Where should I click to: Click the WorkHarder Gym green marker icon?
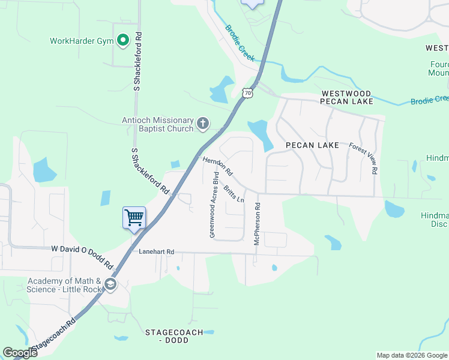click(x=123, y=41)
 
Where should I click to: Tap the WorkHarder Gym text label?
click(x=82, y=41)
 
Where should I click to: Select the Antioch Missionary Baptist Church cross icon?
click(x=203, y=124)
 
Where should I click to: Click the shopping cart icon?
click(x=134, y=217)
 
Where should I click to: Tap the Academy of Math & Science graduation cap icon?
click(x=110, y=284)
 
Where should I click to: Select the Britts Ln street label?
click(x=234, y=194)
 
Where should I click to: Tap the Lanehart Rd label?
click(x=155, y=252)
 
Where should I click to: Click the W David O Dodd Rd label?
click(x=82, y=256)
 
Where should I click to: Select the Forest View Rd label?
click(x=364, y=158)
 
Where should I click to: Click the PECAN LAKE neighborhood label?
click(x=312, y=145)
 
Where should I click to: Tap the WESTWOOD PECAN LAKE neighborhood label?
click(x=347, y=97)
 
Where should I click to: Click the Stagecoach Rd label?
click(x=53, y=336)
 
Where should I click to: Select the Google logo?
click(x=20, y=353)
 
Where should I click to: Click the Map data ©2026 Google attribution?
click(x=412, y=355)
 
